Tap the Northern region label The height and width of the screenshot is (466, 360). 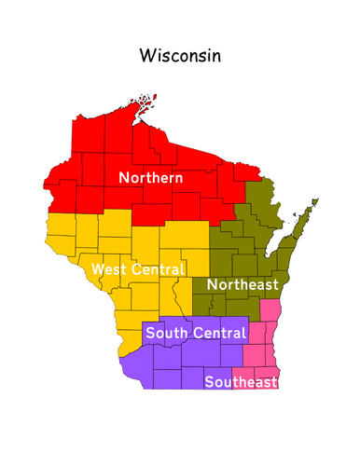[x=149, y=177]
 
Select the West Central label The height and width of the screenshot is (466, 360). [x=138, y=269]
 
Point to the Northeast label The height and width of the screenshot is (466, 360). [x=242, y=284]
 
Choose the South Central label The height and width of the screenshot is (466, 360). [x=196, y=333]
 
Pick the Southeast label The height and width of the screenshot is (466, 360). [x=242, y=382]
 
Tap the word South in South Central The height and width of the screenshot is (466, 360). [x=165, y=333]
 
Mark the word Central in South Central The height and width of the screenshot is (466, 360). [x=217, y=333]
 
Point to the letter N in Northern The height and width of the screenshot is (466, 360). [x=123, y=177]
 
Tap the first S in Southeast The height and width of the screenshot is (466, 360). [x=209, y=382]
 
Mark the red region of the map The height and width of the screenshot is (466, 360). [x=103, y=149]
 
